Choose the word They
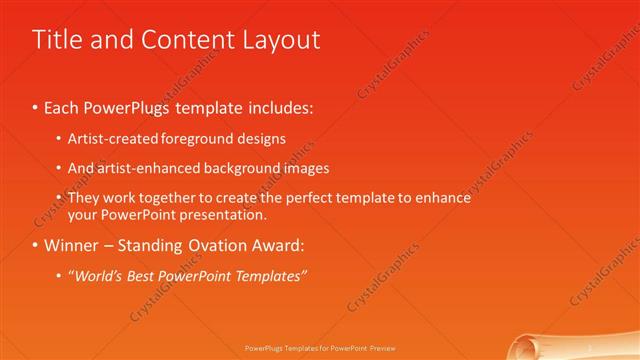pos(84,198)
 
